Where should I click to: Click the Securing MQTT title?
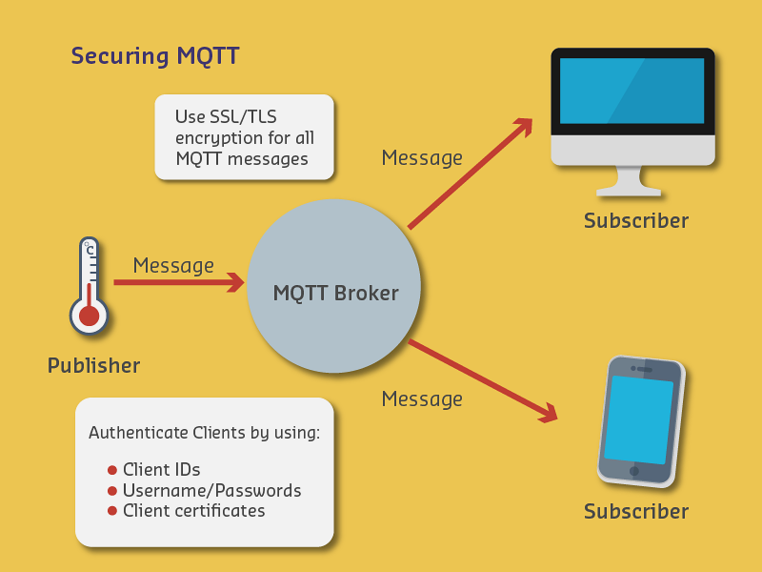pos(154,56)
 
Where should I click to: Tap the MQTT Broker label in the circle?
pos(335,293)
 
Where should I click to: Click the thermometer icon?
pos(89,285)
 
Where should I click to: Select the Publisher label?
pos(93,365)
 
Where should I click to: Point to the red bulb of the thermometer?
pos(89,315)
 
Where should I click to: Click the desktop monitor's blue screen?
pos(632,91)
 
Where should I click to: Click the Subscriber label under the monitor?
pos(635,221)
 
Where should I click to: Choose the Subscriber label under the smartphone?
pos(635,512)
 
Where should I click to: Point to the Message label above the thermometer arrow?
pos(173,265)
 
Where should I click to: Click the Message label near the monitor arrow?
pos(422,158)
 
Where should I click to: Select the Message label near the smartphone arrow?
pos(422,398)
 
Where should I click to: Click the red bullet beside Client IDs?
pos(112,470)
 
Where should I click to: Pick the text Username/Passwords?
pos(211,491)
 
